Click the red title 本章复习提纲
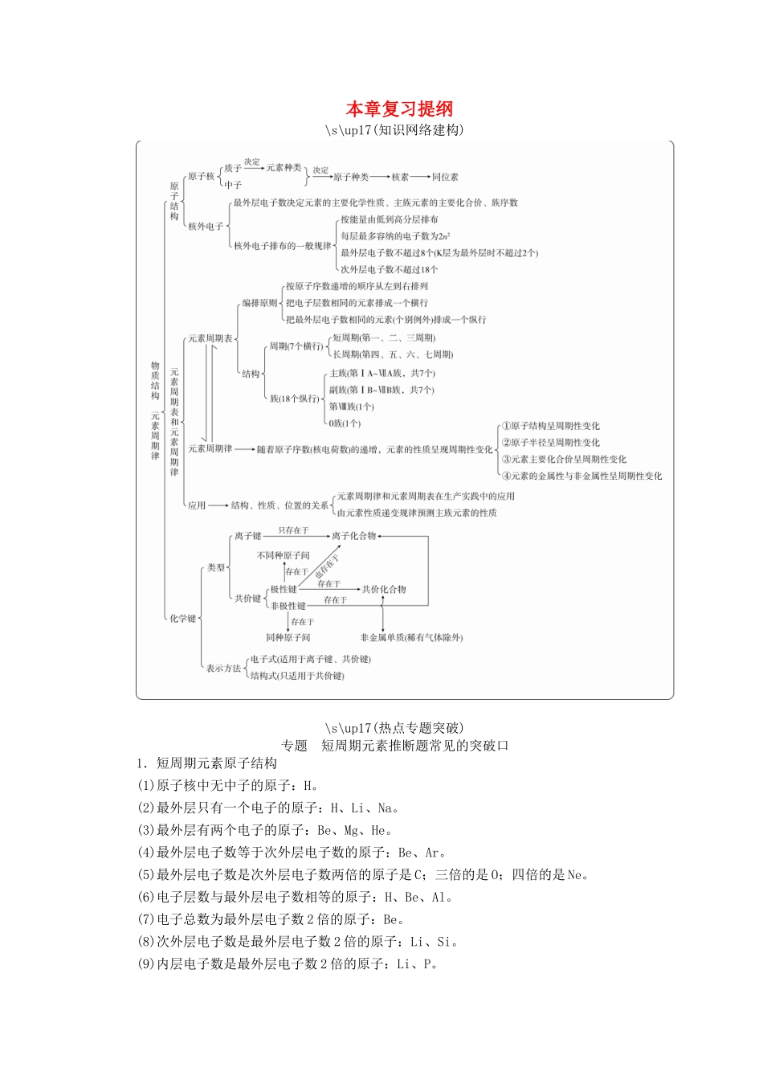coord(399,108)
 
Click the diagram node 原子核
coord(200,176)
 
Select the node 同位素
coord(445,177)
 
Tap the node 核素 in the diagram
coord(400,177)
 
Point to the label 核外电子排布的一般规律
coord(282,246)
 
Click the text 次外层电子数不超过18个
coord(389,270)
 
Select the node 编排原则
coord(259,303)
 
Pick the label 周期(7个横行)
coord(296,346)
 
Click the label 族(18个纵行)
coord(294,399)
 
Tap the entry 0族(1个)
coord(345,423)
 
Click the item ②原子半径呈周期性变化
coord(550,443)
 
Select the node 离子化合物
coord(353,536)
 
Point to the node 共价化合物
coord(384,589)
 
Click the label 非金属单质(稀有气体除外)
coord(411,637)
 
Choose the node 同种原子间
coord(288,637)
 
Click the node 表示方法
coord(222,668)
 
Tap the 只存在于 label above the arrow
coord(293,530)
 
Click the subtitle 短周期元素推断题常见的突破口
coord(414,746)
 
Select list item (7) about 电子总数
coord(271,919)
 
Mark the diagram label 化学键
coord(182,618)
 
